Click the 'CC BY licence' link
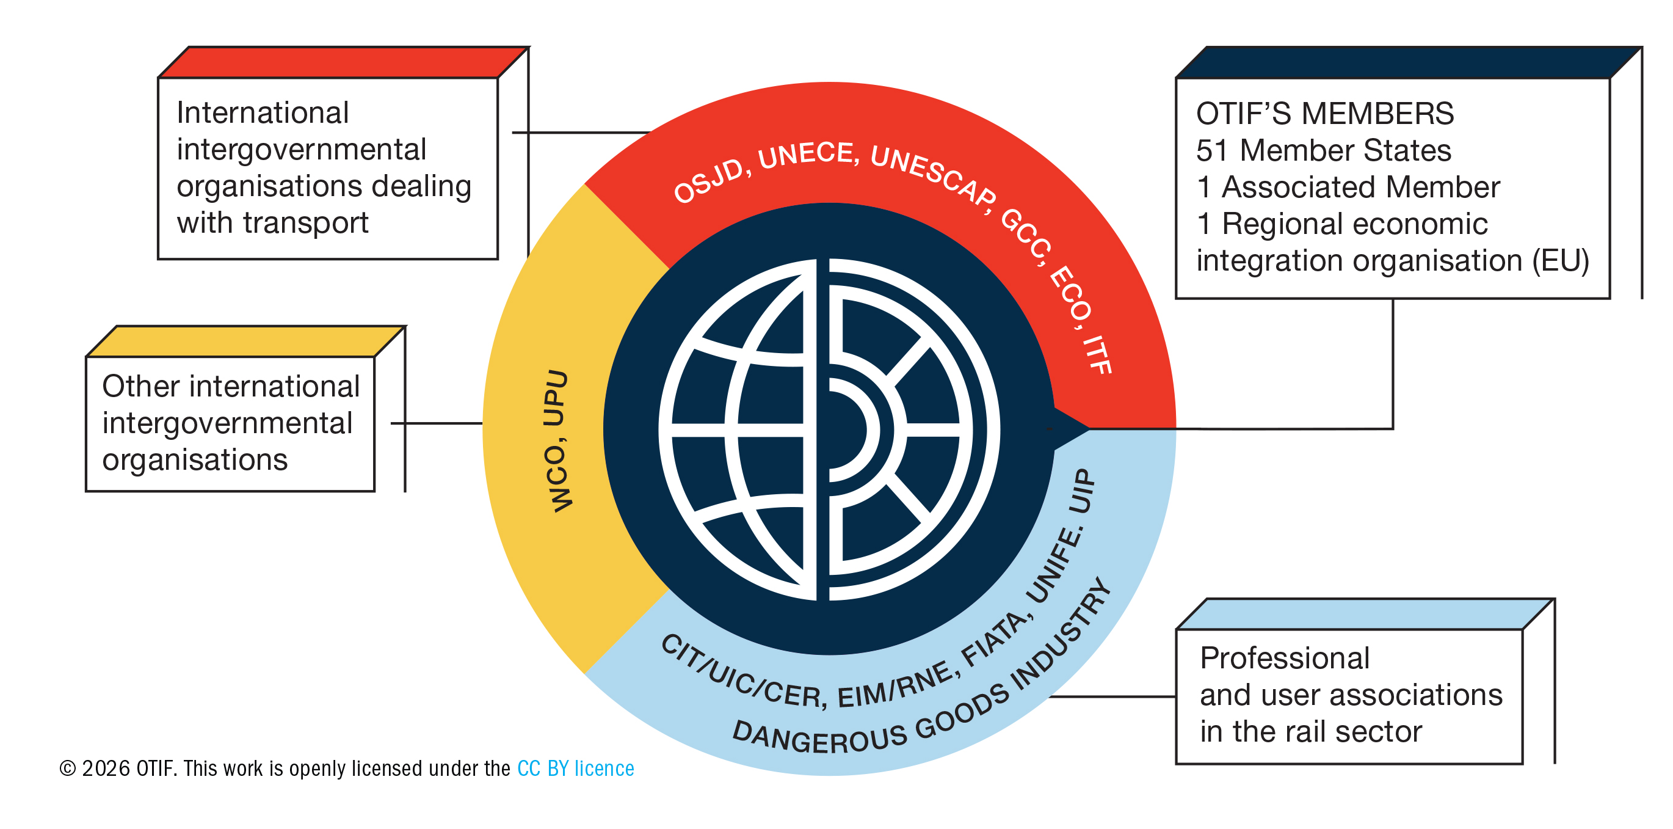575,769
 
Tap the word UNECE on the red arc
807,155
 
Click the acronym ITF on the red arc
1098,354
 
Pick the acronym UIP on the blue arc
1082,491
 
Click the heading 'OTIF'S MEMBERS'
1324,114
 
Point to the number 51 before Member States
1212,151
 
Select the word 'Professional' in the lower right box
1285,658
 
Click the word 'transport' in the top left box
305,223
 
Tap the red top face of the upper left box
343,62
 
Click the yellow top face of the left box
245,341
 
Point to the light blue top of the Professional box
1364,614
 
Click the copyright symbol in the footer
67,769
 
